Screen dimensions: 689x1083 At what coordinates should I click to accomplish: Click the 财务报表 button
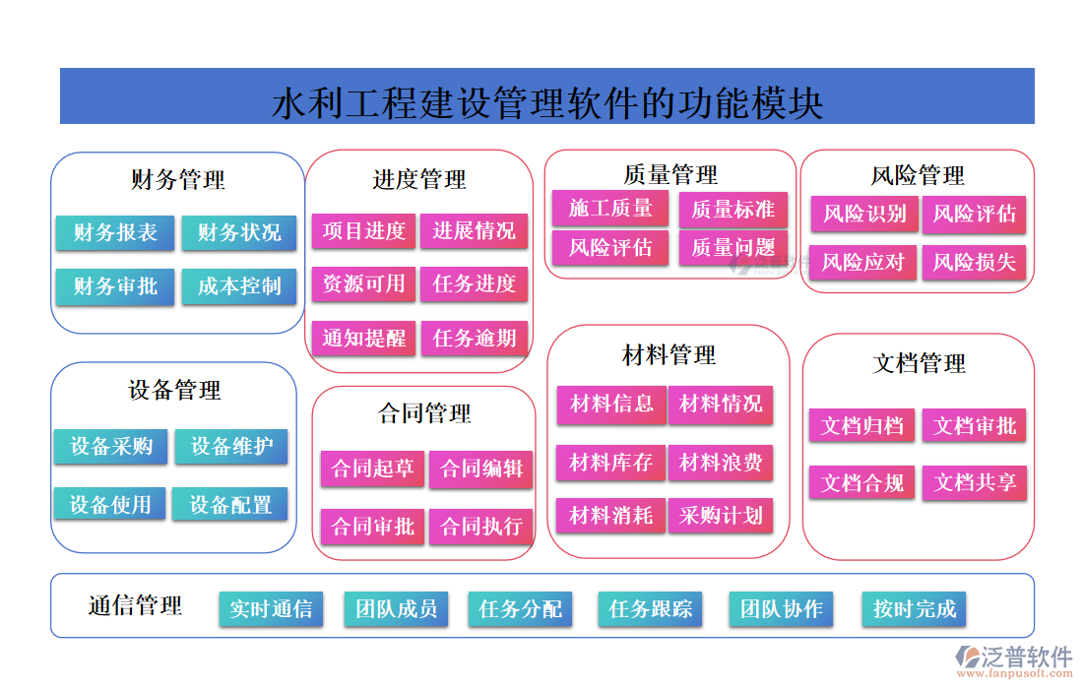coord(115,232)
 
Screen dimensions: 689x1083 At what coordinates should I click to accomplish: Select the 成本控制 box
coord(239,286)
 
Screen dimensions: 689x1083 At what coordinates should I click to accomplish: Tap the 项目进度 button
coord(364,231)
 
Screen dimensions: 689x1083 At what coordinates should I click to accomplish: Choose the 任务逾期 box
coord(475,339)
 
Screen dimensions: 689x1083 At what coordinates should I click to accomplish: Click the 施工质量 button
coord(610,208)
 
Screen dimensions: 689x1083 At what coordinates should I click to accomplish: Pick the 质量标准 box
coord(733,210)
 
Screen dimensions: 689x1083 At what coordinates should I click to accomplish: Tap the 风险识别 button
coord(864,214)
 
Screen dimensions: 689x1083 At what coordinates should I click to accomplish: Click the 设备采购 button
coord(111,447)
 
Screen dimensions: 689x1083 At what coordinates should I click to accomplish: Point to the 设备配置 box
coord(230,505)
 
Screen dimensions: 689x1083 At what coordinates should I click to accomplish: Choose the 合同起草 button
coord(372,469)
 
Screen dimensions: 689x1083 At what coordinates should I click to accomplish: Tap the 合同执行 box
coord(481,527)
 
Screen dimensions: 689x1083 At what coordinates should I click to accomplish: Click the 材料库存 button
coord(611,462)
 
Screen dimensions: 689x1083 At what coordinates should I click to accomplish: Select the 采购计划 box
coord(721,516)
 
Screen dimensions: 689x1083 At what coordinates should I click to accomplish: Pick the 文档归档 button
coord(862,426)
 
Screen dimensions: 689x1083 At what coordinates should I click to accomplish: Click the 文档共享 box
coord(975,483)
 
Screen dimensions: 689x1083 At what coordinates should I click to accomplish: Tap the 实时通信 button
coord(271,609)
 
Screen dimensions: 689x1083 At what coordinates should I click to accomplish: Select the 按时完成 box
coord(914,609)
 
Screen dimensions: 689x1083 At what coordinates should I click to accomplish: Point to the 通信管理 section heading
coord(135,605)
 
